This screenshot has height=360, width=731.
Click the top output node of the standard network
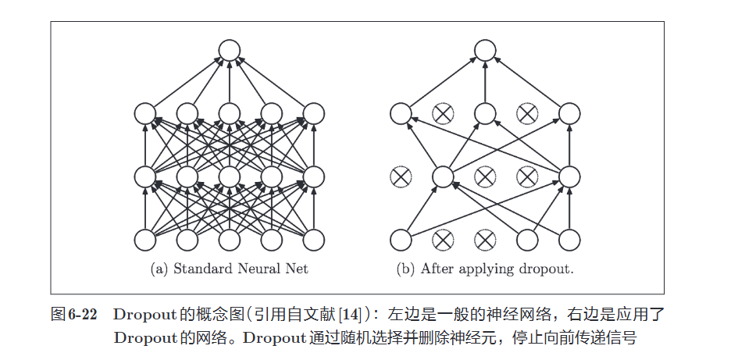point(229,51)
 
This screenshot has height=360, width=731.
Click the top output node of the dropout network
point(485,51)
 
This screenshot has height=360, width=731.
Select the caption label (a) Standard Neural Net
point(229,269)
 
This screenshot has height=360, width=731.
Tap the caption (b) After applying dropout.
point(485,269)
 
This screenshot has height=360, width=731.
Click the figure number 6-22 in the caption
point(82,315)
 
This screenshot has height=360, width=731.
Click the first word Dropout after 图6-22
point(140,315)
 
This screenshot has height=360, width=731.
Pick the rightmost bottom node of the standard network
point(313,239)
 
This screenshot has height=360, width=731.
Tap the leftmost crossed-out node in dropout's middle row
point(401,176)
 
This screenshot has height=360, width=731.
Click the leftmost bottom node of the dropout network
point(401,239)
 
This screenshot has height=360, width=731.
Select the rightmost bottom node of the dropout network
point(569,239)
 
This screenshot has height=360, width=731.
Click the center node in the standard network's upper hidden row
point(229,114)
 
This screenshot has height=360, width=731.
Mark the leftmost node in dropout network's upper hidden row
point(401,114)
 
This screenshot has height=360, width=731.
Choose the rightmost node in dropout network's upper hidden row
point(569,114)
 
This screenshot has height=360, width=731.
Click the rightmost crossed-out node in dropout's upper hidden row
point(527,114)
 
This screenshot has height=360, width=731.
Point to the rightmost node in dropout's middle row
point(569,176)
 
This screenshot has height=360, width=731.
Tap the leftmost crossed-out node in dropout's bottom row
point(443,239)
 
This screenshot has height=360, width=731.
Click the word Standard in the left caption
point(200,269)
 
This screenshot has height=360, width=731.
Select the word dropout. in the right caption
point(547,269)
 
